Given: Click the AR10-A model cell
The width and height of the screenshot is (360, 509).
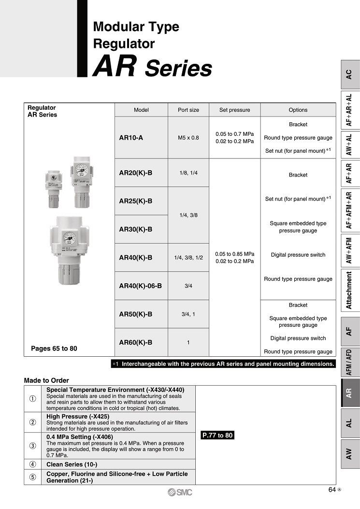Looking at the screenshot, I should point(131,138).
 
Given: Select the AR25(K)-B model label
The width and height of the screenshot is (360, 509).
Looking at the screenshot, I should point(135,201).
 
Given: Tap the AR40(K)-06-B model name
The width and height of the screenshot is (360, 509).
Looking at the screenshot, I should point(140,286).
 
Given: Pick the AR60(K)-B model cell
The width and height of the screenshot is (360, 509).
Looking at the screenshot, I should point(135,342).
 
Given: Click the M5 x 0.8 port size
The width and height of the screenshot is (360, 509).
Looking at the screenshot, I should point(188,138).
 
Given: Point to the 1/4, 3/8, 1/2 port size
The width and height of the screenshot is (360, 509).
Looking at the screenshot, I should point(188,258).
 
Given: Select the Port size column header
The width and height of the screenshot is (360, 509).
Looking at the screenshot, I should point(188,110).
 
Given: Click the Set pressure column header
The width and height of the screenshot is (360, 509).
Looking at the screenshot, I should point(234,110).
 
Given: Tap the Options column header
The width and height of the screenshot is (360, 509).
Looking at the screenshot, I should point(298,110).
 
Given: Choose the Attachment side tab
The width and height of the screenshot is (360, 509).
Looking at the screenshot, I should point(349,290).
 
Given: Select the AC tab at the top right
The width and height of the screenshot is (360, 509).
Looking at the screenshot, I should point(349,74).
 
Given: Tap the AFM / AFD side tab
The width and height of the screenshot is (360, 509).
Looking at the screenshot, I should point(349,362).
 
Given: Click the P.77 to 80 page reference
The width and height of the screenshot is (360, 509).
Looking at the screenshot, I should point(217,436).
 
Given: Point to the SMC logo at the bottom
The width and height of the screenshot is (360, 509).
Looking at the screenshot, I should point(180,492).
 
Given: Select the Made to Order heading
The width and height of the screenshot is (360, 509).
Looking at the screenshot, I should point(46,380).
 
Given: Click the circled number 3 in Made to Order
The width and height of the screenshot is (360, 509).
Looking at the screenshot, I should point(32,446).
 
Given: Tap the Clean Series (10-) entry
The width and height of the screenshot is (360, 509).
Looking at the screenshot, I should point(71,465).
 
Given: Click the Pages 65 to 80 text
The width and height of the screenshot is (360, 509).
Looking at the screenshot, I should point(54,348).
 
